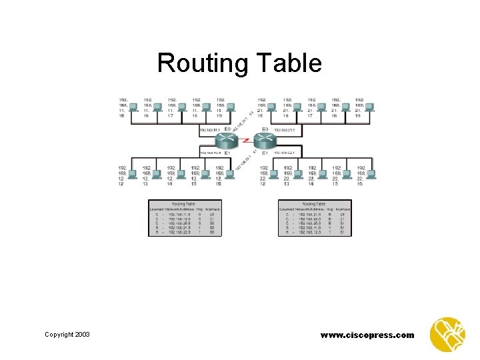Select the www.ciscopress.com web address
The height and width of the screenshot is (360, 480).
(x=367, y=335)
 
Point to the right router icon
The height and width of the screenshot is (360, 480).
(x=265, y=141)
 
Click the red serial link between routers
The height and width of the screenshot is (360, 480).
(x=247, y=141)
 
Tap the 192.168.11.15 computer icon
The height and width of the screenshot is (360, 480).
(x=133, y=107)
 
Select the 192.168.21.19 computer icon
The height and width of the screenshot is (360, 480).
(x=369, y=107)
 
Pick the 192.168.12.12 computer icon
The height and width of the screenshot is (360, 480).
(x=133, y=175)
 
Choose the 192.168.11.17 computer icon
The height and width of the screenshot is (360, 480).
(x=183, y=107)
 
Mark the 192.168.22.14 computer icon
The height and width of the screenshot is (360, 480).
(x=322, y=175)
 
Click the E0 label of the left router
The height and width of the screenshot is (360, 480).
(x=227, y=129)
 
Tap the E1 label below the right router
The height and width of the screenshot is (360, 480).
(x=265, y=153)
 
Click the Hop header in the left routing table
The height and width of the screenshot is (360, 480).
(x=200, y=209)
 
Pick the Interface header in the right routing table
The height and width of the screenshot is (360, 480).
(x=343, y=209)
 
